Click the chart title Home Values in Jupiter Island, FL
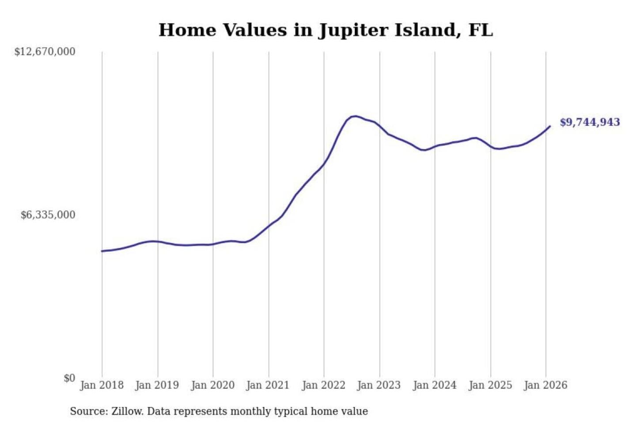coord(326,30)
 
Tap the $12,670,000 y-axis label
coord(45,52)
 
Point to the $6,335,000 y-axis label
coord(48,215)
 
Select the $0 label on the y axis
coord(69,378)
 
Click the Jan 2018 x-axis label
coord(102,385)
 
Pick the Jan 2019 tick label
coord(157,385)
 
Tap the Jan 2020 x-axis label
coord(212,385)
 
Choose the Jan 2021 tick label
coord(268,385)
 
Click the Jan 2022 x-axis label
coord(323,385)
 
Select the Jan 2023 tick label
coord(379,385)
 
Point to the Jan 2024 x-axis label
coord(434,385)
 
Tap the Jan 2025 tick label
coord(490,385)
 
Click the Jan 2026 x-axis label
coord(545,385)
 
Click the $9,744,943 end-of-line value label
coord(590,122)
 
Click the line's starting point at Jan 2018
coord(102,251)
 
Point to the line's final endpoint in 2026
coord(550,126)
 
